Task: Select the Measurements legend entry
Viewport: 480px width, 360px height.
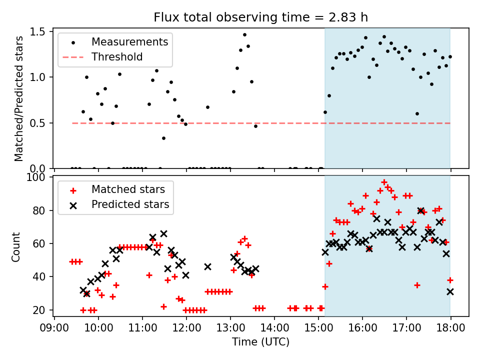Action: (x=129, y=42)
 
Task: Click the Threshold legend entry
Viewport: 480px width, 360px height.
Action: (x=117, y=57)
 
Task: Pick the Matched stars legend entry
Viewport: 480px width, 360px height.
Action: (x=128, y=189)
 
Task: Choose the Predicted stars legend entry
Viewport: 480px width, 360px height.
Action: (x=130, y=204)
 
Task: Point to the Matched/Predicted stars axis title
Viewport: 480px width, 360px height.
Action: (x=18, y=98)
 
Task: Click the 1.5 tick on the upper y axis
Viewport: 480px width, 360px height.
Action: (x=39, y=32)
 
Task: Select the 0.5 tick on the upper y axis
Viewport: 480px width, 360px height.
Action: (x=39, y=123)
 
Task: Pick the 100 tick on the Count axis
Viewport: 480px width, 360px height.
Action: (x=38, y=177)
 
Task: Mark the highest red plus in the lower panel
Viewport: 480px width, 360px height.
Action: (x=384, y=182)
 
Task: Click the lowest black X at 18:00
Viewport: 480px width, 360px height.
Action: (x=450, y=291)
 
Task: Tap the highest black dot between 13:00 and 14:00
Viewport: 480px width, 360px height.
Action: (x=244, y=35)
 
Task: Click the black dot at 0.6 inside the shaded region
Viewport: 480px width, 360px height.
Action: (x=417, y=113)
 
